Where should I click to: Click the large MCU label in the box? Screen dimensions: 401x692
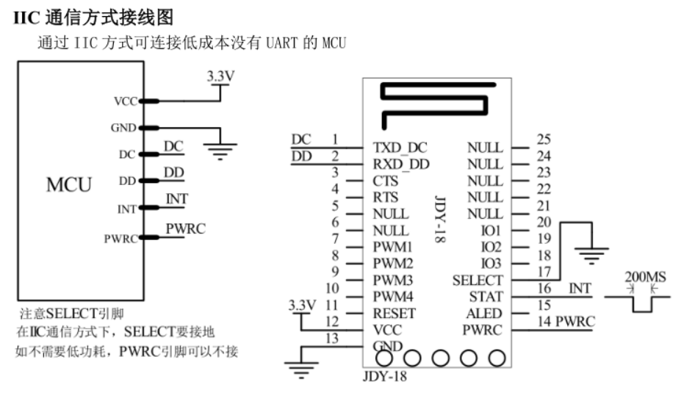[70, 184]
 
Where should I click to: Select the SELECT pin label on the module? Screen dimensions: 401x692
[478, 281]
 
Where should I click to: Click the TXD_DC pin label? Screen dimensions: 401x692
[400, 147]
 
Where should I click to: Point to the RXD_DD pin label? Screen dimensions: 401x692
[401, 164]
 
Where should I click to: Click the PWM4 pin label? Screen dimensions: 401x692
[394, 297]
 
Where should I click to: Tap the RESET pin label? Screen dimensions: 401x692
[394, 314]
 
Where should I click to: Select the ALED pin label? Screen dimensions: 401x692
[485, 314]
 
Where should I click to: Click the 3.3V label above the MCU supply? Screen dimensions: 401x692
[221, 76]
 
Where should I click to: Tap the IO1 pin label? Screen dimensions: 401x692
[491, 231]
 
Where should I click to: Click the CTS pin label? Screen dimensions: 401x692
[386, 181]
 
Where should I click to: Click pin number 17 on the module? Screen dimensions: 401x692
[544, 272]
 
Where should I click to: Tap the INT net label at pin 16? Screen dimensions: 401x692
[579, 290]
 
